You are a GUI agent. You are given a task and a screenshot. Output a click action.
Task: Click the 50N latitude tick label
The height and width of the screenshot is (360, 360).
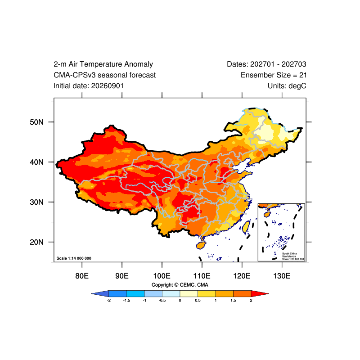pyautogui.click(x=36, y=122)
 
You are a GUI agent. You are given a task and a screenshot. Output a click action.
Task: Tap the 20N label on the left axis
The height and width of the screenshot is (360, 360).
pyautogui.click(x=36, y=242)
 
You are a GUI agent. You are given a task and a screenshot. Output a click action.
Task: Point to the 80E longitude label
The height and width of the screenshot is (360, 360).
pyautogui.click(x=82, y=276)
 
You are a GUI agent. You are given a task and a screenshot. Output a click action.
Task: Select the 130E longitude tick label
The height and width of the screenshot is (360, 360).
pyautogui.click(x=282, y=276)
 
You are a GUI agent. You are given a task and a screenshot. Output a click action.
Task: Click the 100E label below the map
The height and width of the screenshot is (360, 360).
pyautogui.click(x=162, y=276)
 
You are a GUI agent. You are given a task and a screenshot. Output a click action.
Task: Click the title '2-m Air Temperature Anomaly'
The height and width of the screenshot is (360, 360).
pyautogui.click(x=103, y=64)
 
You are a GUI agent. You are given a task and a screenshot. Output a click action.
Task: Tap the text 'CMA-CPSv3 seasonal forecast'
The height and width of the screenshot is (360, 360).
pyautogui.click(x=104, y=75)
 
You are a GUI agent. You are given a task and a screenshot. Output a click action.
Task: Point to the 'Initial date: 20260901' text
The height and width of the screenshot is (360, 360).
pyautogui.click(x=89, y=86)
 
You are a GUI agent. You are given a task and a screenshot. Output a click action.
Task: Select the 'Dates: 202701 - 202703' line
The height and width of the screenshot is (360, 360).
pyautogui.click(x=266, y=64)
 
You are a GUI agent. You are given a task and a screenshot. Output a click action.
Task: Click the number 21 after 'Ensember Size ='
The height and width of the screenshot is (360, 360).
pyautogui.click(x=303, y=75)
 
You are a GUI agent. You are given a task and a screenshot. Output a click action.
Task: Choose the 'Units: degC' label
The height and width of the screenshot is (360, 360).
pyautogui.click(x=287, y=86)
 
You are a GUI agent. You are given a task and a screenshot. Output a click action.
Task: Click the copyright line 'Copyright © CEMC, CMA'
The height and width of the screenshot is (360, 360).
pyautogui.click(x=180, y=285)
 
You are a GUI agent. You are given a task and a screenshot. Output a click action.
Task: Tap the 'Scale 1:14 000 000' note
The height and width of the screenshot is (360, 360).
pyautogui.click(x=74, y=258)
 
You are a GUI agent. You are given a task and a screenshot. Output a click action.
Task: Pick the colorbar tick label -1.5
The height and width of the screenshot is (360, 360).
pyautogui.click(x=126, y=301)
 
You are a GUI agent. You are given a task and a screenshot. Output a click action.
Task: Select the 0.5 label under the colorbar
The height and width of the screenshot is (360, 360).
pyautogui.click(x=198, y=301)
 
